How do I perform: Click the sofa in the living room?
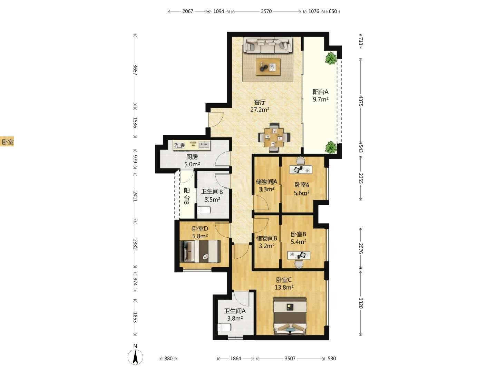click(x=268, y=45)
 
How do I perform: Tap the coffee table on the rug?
click(x=268, y=66)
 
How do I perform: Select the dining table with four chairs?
click(x=274, y=137)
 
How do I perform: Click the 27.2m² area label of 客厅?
click(x=260, y=110)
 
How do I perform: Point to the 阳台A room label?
click(x=320, y=92)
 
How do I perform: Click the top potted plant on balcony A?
click(x=331, y=58)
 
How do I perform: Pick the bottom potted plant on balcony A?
click(x=331, y=147)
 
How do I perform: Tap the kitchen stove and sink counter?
click(x=192, y=145)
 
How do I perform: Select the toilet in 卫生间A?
click(x=224, y=327)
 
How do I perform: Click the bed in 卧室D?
click(x=200, y=251)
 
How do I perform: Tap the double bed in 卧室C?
click(x=290, y=316)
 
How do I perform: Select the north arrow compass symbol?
click(x=135, y=357)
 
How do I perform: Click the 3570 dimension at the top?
click(x=266, y=11)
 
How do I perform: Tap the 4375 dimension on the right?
click(x=361, y=101)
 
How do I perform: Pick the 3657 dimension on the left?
click(x=135, y=70)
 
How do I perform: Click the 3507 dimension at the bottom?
click(x=290, y=359)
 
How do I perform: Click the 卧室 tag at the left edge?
click(x=7, y=142)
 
